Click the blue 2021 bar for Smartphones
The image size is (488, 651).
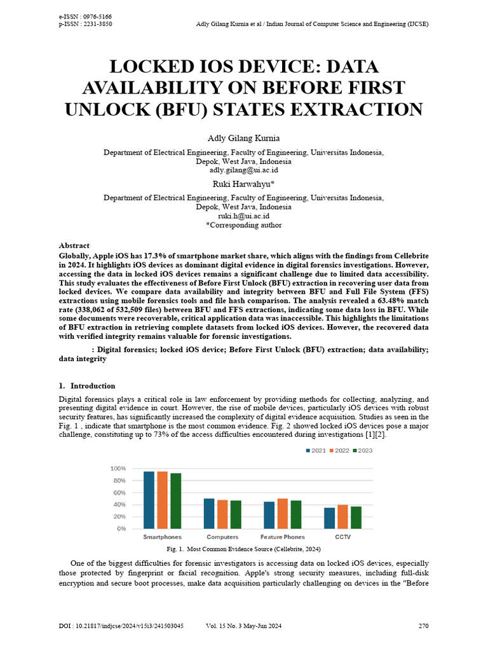(x=149, y=500)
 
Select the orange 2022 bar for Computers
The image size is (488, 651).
(x=222, y=514)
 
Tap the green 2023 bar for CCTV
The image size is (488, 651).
(x=356, y=517)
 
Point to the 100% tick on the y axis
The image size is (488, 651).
(x=118, y=469)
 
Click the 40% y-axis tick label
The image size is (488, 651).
(x=119, y=504)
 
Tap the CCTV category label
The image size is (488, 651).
(x=343, y=537)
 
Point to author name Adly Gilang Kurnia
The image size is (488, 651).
(x=243, y=139)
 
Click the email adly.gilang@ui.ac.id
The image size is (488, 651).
(x=243, y=170)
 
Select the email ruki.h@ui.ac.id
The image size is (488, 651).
(x=243, y=216)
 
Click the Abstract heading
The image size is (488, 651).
(x=74, y=245)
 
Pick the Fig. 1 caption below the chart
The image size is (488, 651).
(x=243, y=549)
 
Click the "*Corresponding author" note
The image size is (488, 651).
(x=243, y=225)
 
